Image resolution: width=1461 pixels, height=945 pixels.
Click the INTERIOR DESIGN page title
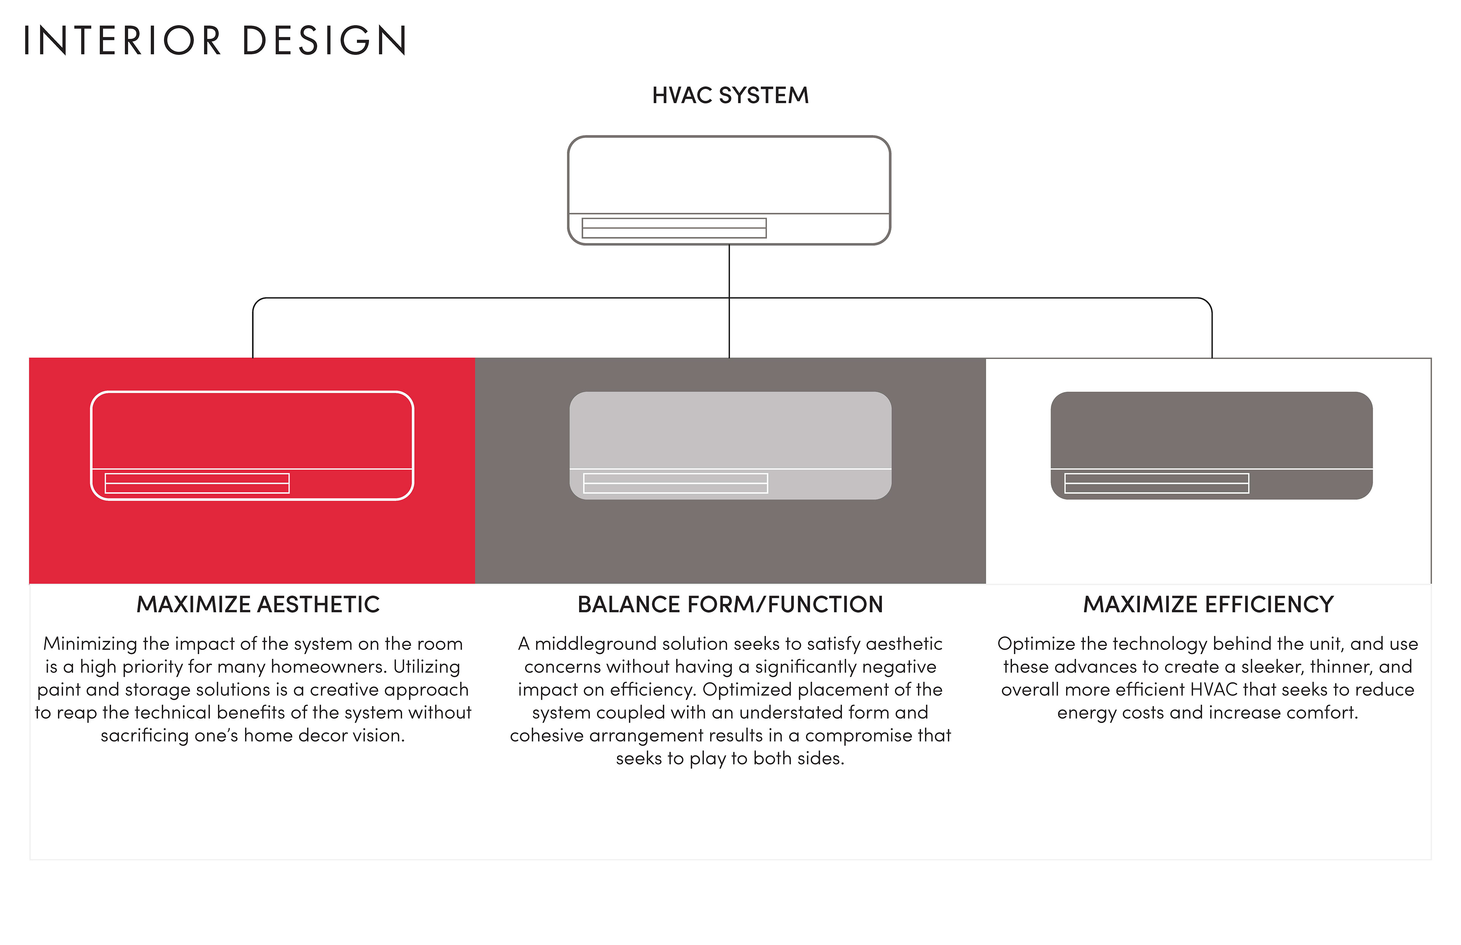click(215, 40)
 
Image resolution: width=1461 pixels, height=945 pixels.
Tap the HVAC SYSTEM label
click(730, 96)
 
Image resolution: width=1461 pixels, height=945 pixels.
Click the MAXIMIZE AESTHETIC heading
click(258, 604)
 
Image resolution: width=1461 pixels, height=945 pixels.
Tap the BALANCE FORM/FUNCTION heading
click(730, 604)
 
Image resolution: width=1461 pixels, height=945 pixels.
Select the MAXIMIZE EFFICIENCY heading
click(1208, 604)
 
